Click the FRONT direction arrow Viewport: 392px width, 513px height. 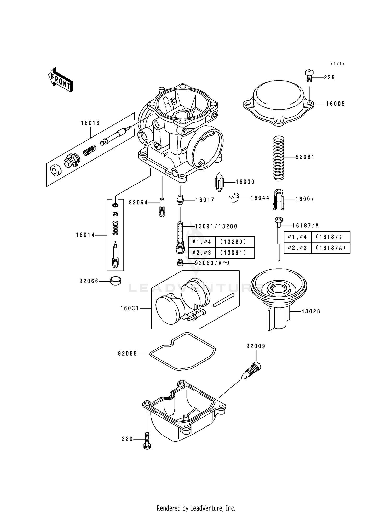(x=60, y=80)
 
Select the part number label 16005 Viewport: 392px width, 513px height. (x=335, y=104)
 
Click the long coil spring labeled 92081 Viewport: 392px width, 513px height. (x=279, y=158)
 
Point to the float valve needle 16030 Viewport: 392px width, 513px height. (x=219, y=181)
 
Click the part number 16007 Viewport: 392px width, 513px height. (x=305, y=199)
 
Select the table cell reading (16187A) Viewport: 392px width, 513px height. (x=331, y=248)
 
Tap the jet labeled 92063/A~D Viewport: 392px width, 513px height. (x=180, y=263)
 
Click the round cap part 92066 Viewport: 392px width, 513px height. (x=116, y=281)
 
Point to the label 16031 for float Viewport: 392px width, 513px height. (x=130, y=309)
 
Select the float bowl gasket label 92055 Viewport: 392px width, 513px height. (x=127, y=354)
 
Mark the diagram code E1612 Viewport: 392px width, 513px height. (x=337, y=64)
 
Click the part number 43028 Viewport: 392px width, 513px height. (x=311, y=311)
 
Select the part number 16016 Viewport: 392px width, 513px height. (x=90, y=123)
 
